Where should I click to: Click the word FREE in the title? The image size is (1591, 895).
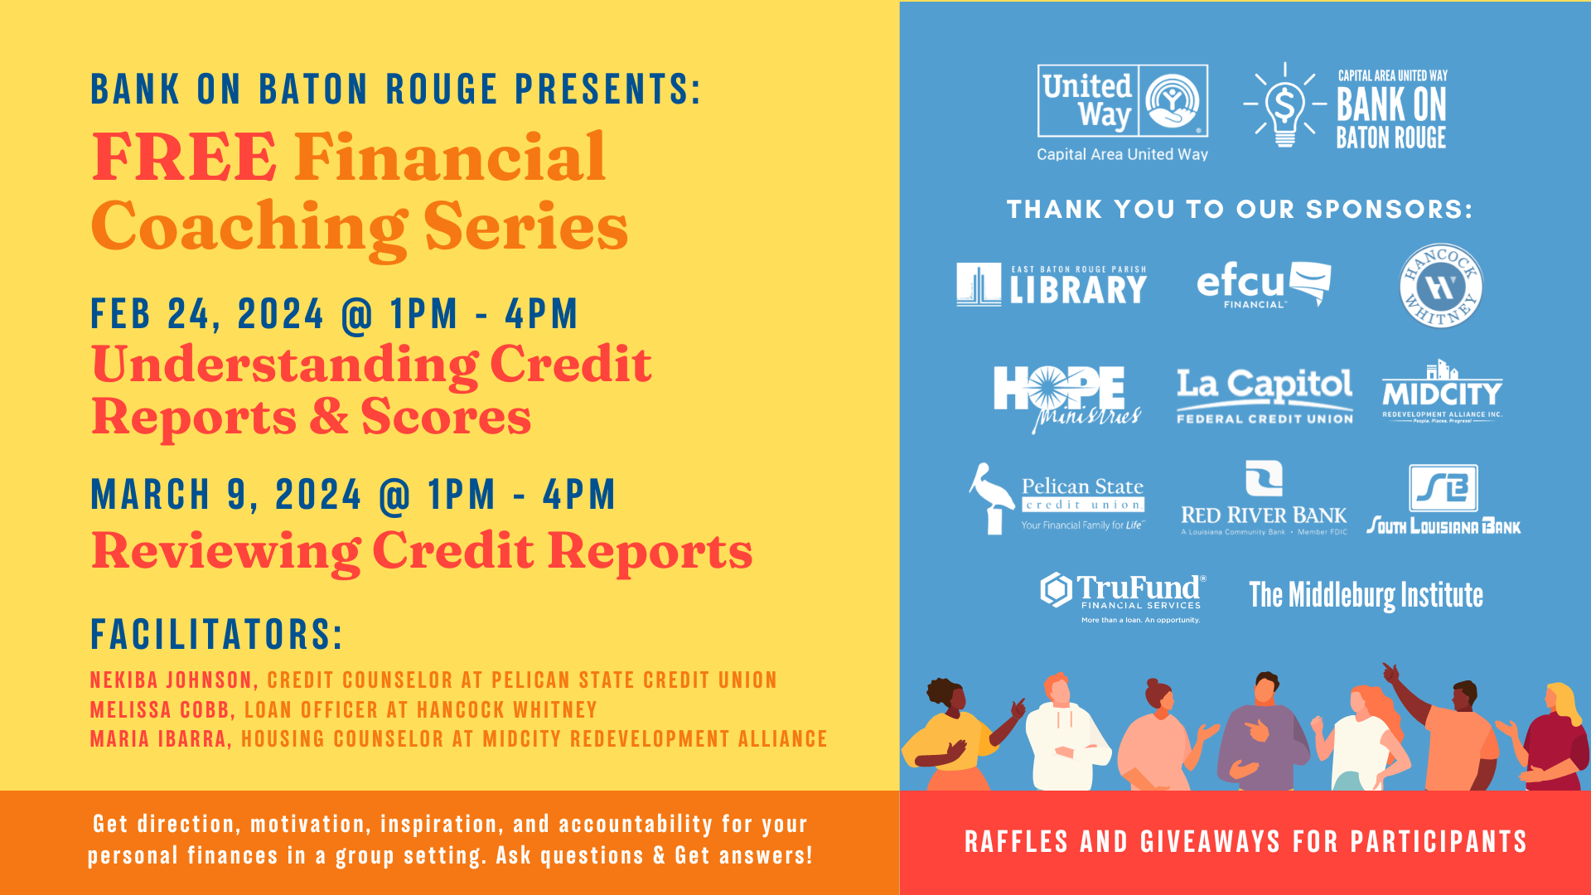184,157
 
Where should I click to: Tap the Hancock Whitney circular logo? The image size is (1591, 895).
1441,286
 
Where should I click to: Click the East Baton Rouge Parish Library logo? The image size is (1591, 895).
1052,285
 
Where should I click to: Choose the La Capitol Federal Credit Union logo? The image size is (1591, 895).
1265,396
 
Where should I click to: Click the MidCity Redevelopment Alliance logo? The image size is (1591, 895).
1442,391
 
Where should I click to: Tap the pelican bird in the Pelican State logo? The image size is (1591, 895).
992,498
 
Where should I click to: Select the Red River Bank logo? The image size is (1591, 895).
1264,498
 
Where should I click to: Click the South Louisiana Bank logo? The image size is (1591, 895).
1444,499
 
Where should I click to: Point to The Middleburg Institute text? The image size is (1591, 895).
1366,595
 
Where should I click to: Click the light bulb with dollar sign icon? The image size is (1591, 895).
1284,106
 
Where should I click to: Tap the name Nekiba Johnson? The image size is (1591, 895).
171,680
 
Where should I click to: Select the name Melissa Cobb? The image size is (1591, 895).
159,710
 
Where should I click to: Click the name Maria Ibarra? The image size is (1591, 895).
157,739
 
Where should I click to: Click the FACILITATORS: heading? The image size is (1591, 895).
216,635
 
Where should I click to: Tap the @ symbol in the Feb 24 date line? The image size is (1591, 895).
357,315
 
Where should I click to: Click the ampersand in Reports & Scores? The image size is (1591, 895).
329,416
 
